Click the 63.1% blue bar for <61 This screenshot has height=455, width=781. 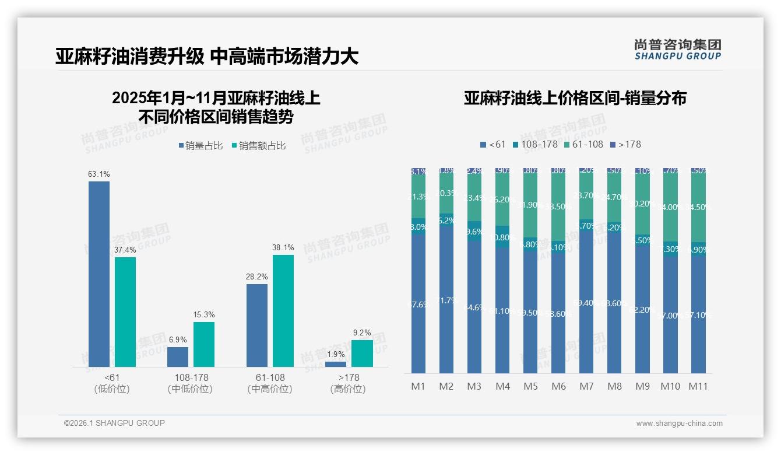coord(99,274)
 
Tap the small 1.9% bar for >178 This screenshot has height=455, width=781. coord(335,364)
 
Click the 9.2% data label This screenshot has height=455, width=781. coord(362,333)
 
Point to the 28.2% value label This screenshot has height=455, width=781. coord(257,277)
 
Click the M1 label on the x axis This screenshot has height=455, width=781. coord(418,386)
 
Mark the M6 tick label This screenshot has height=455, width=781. coord(558,386)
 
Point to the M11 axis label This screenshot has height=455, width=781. coord(698,386)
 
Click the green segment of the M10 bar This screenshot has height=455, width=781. coord(670,207)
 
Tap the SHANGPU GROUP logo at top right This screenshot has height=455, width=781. coord(677,50)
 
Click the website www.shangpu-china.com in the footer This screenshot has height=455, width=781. coord(679,423)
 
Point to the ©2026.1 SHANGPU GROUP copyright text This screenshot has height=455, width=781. coord(114,423)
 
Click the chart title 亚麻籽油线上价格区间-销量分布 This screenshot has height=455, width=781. coord(575,98)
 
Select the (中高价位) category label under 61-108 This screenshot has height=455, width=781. coord(270,389)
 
